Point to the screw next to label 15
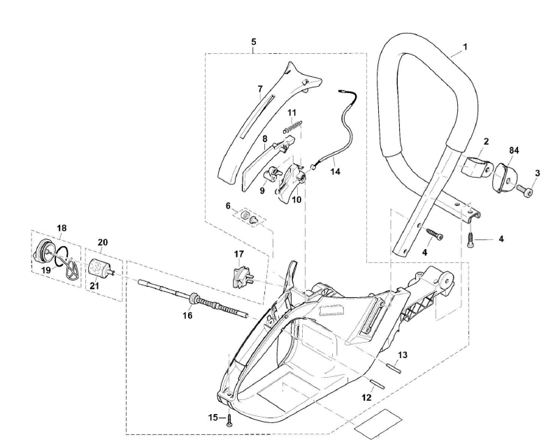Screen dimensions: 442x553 pyautogui.click(x=230, y=419)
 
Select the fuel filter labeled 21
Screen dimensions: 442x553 pyautogui.click(x=99, y=267)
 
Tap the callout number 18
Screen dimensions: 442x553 pyautogui.click(x=62, y=228)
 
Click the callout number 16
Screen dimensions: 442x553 pyautogui.click(x=187, y=316)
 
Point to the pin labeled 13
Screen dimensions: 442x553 pyautogui.click(x=394, y=368)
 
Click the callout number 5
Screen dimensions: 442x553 pyautogui.click(x=254, y=42)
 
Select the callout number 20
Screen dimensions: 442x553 pyautogui.click(x=102, y=242)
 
